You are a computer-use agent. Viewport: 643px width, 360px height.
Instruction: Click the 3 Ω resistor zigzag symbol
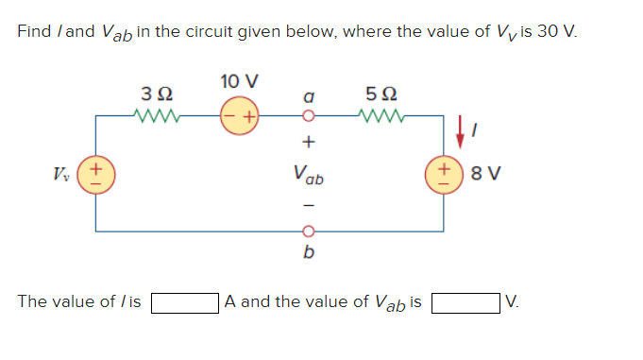coord(154,118)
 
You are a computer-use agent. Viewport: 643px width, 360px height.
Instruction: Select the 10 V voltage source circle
coord(239,118)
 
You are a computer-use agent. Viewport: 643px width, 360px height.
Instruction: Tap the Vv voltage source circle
coord(94,174)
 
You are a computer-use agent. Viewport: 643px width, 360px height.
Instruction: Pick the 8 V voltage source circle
coord(444,174)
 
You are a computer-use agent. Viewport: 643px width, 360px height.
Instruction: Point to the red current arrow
coord(460,132)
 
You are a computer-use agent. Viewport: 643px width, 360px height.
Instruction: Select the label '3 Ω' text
coord(154,94)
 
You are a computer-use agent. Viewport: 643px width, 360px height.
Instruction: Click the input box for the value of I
coord(185,302)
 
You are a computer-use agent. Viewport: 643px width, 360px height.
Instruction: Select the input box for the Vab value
coord(467,302)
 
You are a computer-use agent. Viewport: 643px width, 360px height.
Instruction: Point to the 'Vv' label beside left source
coord(61,174)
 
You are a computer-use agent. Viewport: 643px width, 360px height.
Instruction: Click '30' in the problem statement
coord(545,31)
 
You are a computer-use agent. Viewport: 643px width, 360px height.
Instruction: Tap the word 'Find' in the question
coord(34,31)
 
